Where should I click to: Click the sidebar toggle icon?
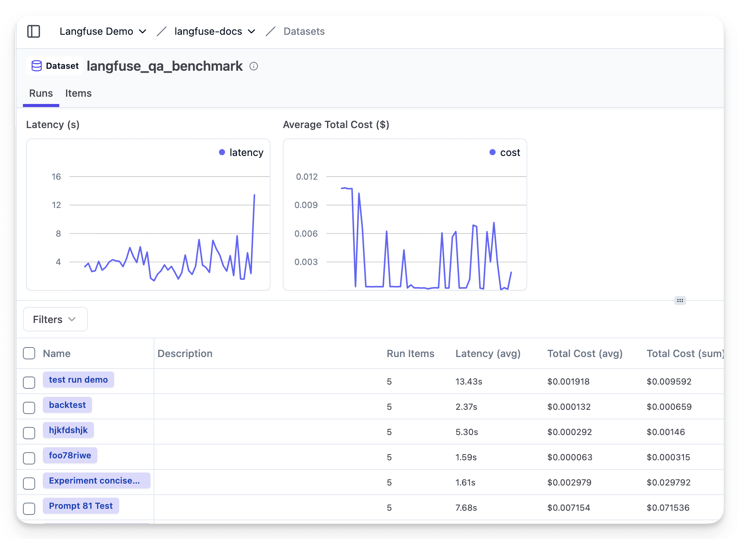point(34,31)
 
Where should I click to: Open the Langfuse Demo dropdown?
point(103,31)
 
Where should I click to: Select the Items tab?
point(78,93)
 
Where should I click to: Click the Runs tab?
point(41,93)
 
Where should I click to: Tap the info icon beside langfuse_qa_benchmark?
point(254,67)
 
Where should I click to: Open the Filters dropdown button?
point(55,319)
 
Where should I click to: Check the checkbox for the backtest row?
point(29,407)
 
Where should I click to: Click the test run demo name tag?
point(78,380)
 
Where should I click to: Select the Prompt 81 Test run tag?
point(81,506)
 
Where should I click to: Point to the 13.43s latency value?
point(468,382)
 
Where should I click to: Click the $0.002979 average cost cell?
point(569,482)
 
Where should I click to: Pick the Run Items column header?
point(410,354)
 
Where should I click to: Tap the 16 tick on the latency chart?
point(56,177)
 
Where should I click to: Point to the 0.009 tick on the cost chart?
point(306,205)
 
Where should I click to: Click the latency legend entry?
point(241,153)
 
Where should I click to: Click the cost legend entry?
point(505,153)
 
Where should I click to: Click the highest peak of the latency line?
point(254,195)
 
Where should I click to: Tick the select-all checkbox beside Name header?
point(29,353)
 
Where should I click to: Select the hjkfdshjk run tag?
point(68,430)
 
